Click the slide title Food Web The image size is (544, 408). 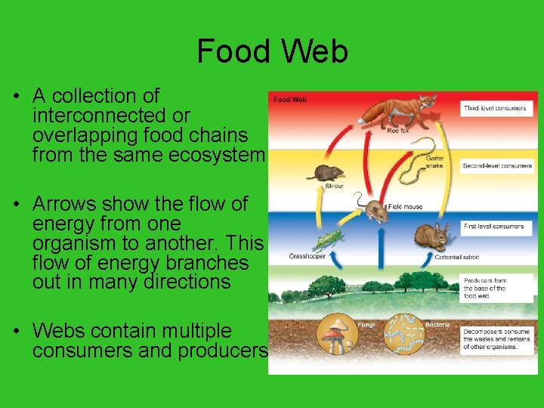coord(272,51)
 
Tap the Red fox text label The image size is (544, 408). coord(398,131)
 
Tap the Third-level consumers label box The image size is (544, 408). coord(496,108)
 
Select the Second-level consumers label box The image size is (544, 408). coord(496,165)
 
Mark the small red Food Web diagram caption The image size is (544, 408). coord(290,99)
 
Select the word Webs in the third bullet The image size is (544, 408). coord(57,331)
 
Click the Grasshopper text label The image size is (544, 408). coord(308,256)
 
